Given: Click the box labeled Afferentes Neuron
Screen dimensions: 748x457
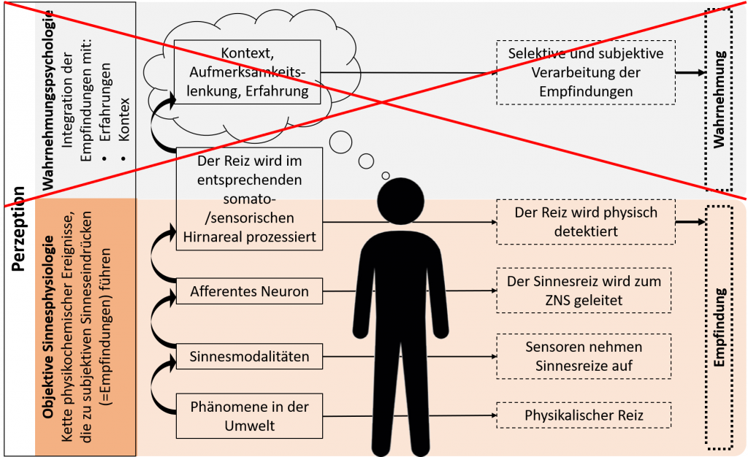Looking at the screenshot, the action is point(249,291).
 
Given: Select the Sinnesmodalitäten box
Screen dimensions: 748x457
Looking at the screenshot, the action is point(249,356).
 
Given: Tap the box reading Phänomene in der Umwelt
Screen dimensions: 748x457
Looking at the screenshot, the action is point(249,416).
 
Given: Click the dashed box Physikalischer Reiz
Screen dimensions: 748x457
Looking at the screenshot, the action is point(584,415).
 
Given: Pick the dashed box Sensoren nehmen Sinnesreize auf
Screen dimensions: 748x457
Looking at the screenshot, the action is point(584,356).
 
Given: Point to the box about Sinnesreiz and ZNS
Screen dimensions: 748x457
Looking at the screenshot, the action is point(584,291).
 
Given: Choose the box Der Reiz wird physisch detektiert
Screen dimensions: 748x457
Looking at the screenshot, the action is point(586,222).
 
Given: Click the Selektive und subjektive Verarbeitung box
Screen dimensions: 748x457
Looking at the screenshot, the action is point(586,72).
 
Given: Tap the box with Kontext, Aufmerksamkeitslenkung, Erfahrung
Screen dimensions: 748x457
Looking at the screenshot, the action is point(247,72).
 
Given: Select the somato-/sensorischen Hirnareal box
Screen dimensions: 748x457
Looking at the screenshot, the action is point(249,199).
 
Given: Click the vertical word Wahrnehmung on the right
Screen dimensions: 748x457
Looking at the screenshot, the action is point(719,99).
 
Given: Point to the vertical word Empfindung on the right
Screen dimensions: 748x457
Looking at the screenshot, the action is point(719,327).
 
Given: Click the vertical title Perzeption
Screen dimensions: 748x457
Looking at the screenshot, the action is point(18,228).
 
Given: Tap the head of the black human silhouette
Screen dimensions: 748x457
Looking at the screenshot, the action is point(401,201).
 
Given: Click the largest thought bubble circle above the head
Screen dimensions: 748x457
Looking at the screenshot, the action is point(340,142).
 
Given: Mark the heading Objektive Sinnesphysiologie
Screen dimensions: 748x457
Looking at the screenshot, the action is point(47,327).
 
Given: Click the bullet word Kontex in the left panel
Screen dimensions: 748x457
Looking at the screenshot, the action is point(124,119).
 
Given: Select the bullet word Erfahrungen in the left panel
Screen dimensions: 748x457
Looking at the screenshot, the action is point(105,102).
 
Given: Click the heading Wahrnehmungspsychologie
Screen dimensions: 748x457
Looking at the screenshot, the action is point(47,100).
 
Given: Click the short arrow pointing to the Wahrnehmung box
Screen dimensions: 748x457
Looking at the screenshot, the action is point(690,73).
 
